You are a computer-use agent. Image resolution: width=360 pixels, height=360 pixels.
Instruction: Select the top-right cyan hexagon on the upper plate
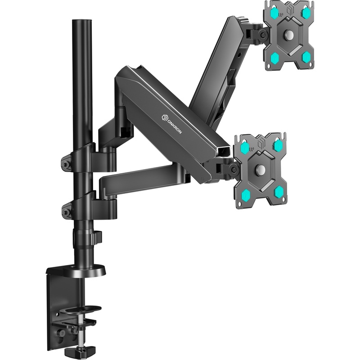coord(306,13)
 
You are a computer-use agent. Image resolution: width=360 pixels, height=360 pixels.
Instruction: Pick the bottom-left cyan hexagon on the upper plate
coord(274,58)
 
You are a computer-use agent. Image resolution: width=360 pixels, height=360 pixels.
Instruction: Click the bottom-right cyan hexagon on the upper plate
coord(306,56)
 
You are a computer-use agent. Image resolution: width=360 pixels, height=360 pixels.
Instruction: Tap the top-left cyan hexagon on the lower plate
coord(245,148)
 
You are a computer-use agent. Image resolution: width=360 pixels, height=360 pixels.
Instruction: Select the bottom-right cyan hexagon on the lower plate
coord(279,192)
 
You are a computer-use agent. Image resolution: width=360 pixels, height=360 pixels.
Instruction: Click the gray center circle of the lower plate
coord(261,169)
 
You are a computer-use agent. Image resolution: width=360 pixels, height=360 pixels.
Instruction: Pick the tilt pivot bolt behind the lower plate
coord(234,170)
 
